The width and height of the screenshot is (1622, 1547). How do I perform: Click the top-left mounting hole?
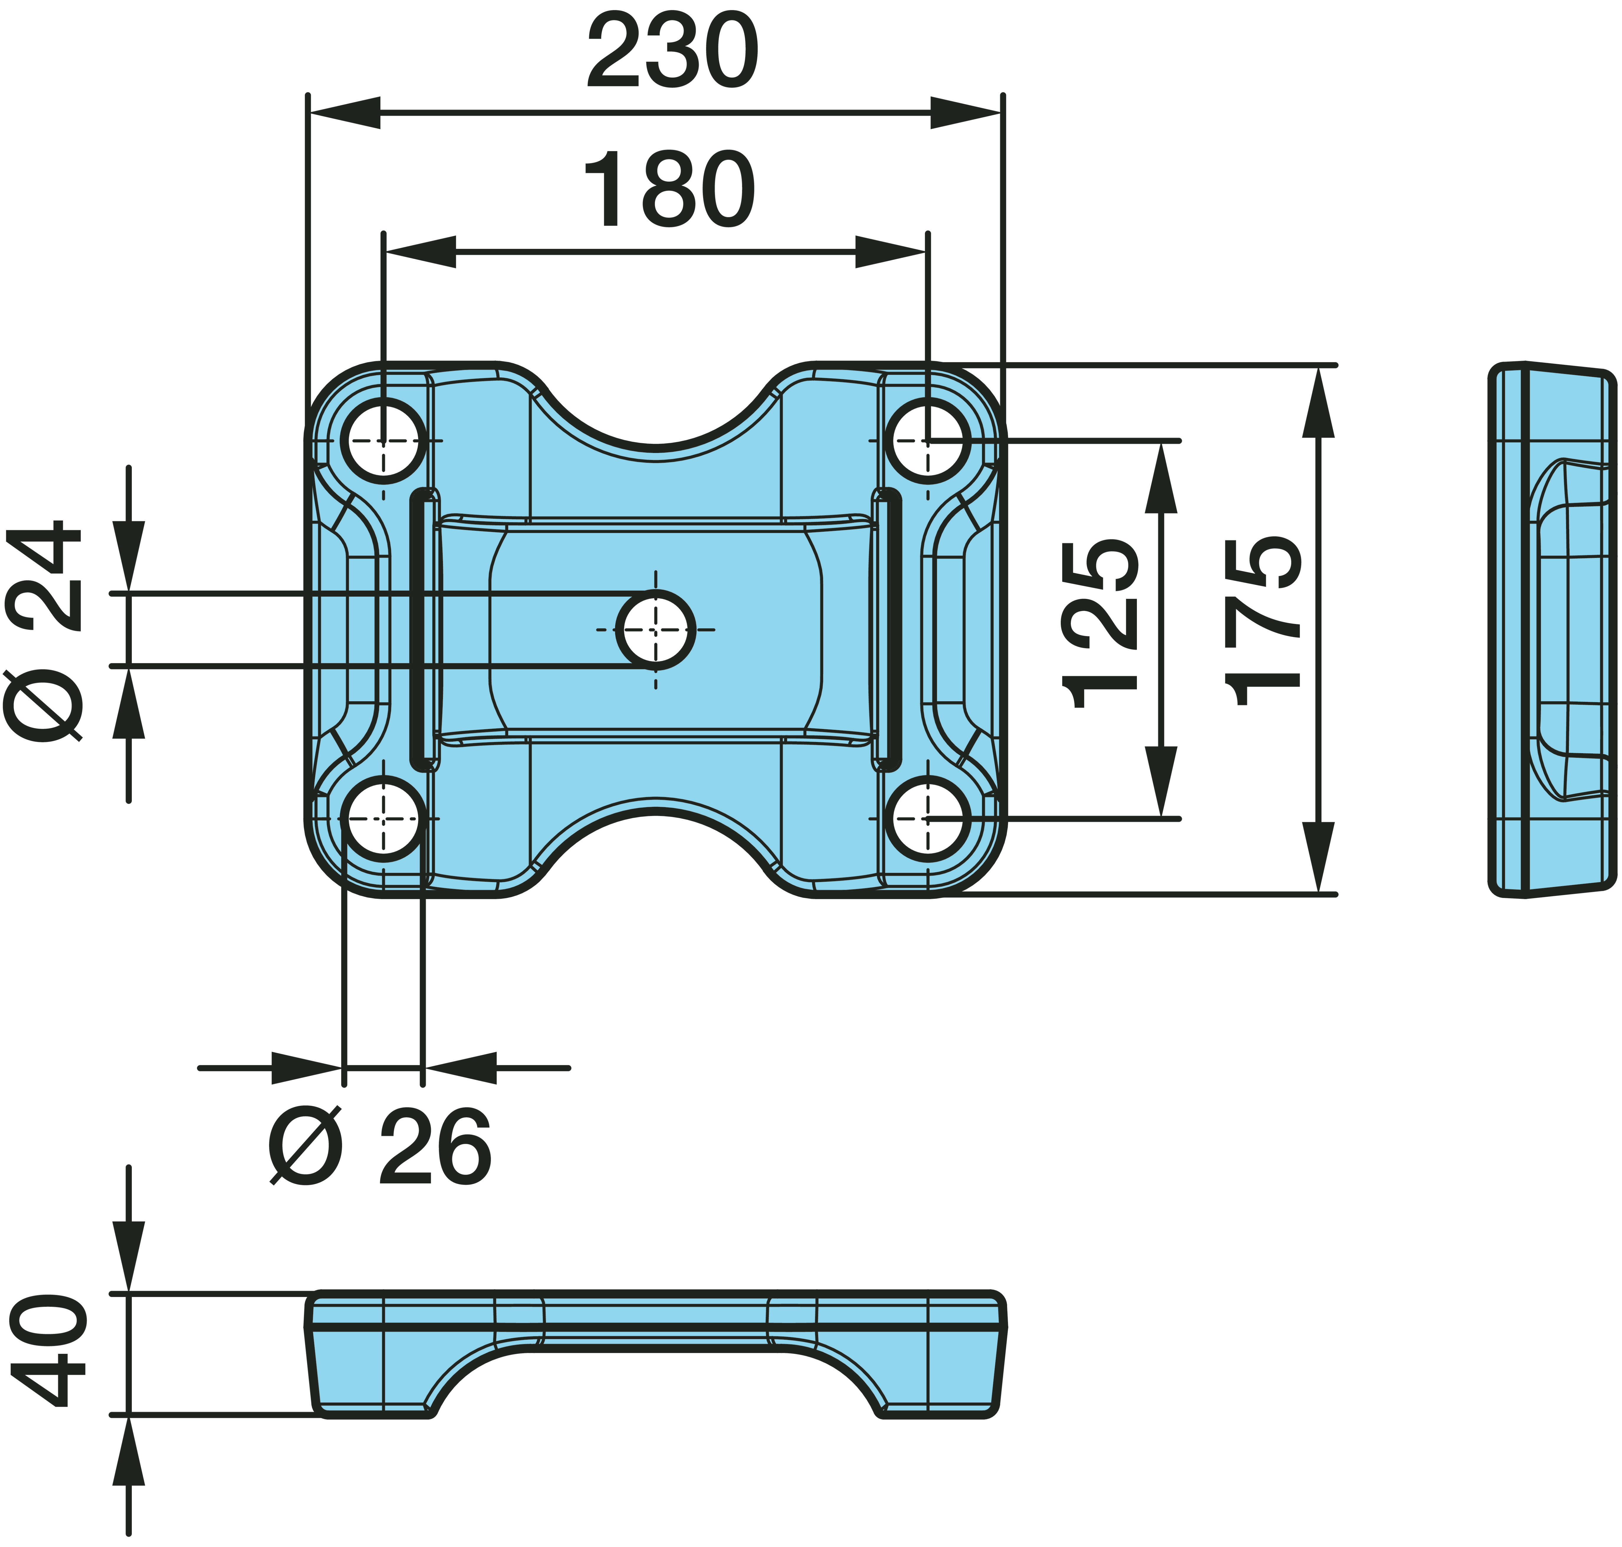(383, 441)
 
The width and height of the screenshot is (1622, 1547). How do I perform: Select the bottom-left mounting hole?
(383, 819)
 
